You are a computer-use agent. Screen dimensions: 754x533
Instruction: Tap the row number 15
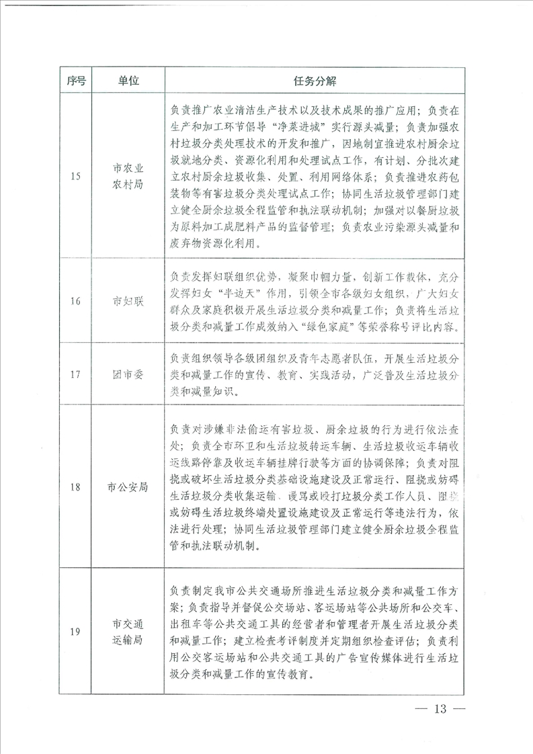point(76,177)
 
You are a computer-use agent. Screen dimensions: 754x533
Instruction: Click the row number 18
point(76,487)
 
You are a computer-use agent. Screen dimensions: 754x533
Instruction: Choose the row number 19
point(76,631)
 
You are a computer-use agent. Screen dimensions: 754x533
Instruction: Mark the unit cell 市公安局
point(128,487)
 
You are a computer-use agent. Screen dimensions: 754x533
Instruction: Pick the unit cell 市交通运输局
point(128,631)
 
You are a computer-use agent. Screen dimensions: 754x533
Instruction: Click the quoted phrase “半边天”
point(255,294)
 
